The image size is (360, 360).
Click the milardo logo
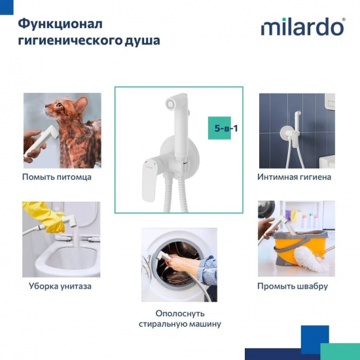[x=302, y=27]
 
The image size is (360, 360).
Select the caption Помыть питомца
[x=57, y=177]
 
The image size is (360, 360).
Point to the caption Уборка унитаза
[x=60, y=286]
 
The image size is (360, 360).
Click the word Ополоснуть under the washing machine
[x=179, y=313]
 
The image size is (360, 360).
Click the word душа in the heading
[x=142, y=40]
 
